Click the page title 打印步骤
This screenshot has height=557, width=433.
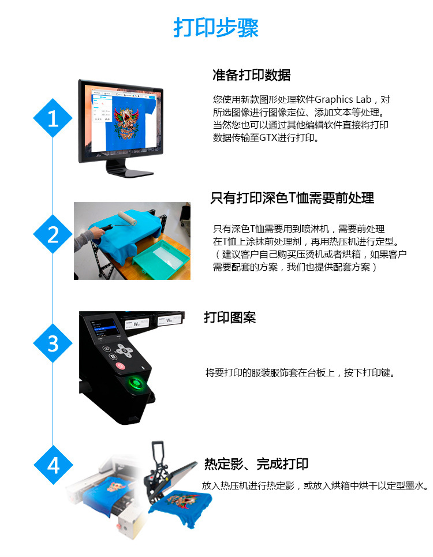tap(216, 28)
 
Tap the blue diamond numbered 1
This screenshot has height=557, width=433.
tap(53, 118)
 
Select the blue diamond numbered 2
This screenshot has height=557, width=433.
tap(53, 235)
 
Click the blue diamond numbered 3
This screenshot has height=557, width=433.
tap(53, 343)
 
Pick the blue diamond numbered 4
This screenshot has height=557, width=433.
tap(53, 465)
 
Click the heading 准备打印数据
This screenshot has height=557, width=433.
tap(251, 75)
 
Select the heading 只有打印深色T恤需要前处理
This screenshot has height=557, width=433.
tap(292, 198)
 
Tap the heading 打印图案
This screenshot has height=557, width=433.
tap(230, 317)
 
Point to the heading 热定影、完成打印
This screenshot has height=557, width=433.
tap(256, 463)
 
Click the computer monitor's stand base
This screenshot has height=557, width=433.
tap(130, 172)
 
